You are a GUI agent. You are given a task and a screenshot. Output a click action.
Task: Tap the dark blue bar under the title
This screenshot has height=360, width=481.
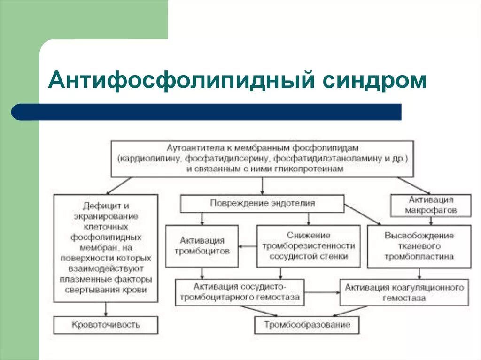(207, 112)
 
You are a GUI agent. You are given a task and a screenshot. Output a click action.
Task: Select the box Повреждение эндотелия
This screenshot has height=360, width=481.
(262, 204)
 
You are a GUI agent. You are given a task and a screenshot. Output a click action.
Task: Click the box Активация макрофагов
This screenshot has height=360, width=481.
(431, 206)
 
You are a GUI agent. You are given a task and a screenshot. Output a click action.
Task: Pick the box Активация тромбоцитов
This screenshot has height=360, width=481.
(202, 246)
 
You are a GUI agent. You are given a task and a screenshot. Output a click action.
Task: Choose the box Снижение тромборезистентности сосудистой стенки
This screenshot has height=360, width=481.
(309, 246)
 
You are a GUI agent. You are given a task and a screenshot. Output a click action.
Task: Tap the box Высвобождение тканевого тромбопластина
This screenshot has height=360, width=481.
(419, 246)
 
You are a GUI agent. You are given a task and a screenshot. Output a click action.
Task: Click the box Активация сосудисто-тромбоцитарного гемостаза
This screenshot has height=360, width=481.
(240, 291)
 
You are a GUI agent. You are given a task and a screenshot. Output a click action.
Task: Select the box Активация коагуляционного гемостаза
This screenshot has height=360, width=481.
(404, 291)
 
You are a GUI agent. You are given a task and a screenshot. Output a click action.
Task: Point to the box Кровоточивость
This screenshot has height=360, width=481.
(106, 324)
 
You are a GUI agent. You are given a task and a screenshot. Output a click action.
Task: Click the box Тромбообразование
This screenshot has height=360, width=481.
(307, 325)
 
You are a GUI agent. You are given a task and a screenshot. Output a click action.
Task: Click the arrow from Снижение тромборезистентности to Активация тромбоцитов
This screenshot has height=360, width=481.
(247, 246)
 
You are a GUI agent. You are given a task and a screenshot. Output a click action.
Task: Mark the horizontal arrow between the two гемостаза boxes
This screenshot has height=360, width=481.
(322, 291)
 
